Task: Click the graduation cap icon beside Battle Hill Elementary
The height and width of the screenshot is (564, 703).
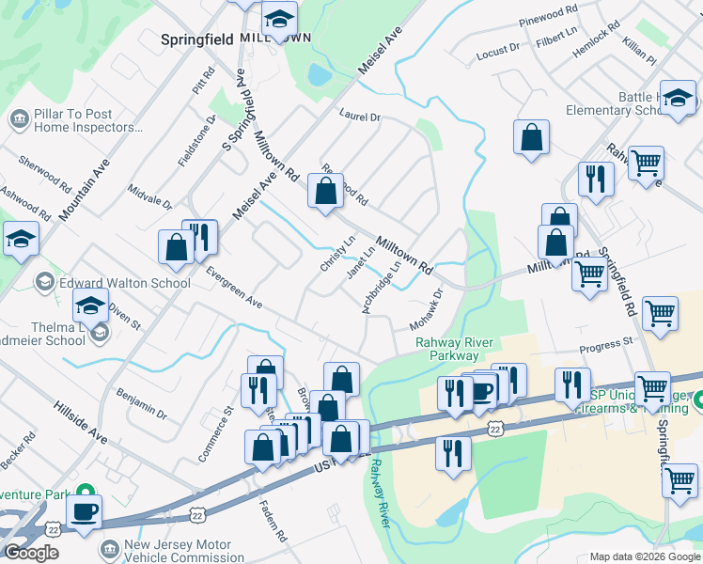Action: coord(677,98)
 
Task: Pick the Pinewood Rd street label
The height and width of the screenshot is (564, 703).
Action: coord(548,15)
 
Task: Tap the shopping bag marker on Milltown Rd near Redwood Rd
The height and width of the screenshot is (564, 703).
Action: coord(325,193)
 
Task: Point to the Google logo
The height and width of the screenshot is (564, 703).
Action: coord(31,553)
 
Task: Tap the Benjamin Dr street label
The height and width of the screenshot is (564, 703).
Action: coord(141,401)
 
